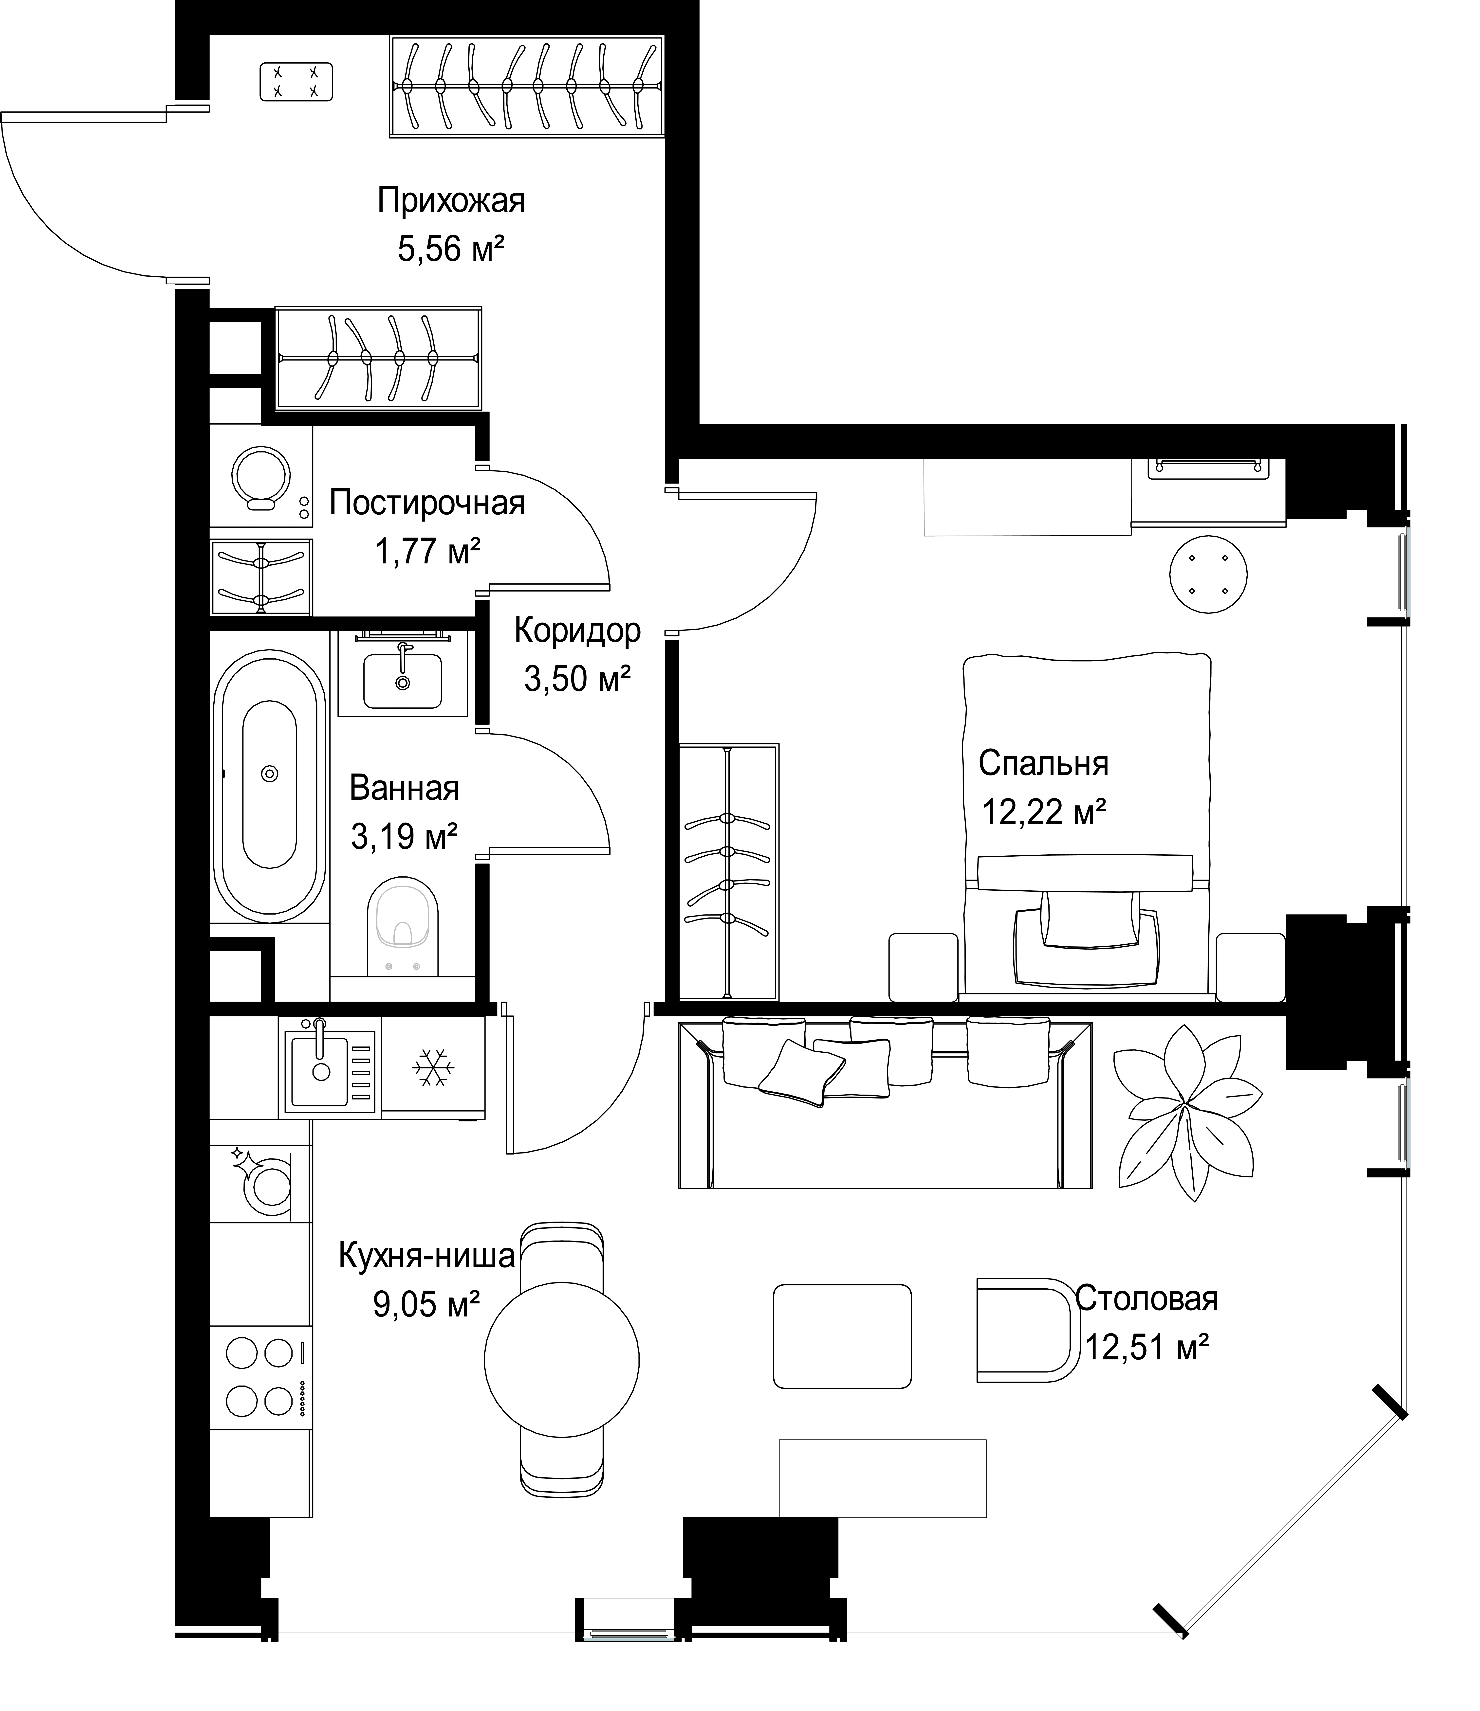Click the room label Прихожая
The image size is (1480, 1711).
click(x=451, y=201)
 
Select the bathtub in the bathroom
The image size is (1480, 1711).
click(x=269, y=785)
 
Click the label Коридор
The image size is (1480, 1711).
click(x=577, y=631)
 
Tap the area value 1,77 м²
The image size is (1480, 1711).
click(x=428, y=551)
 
